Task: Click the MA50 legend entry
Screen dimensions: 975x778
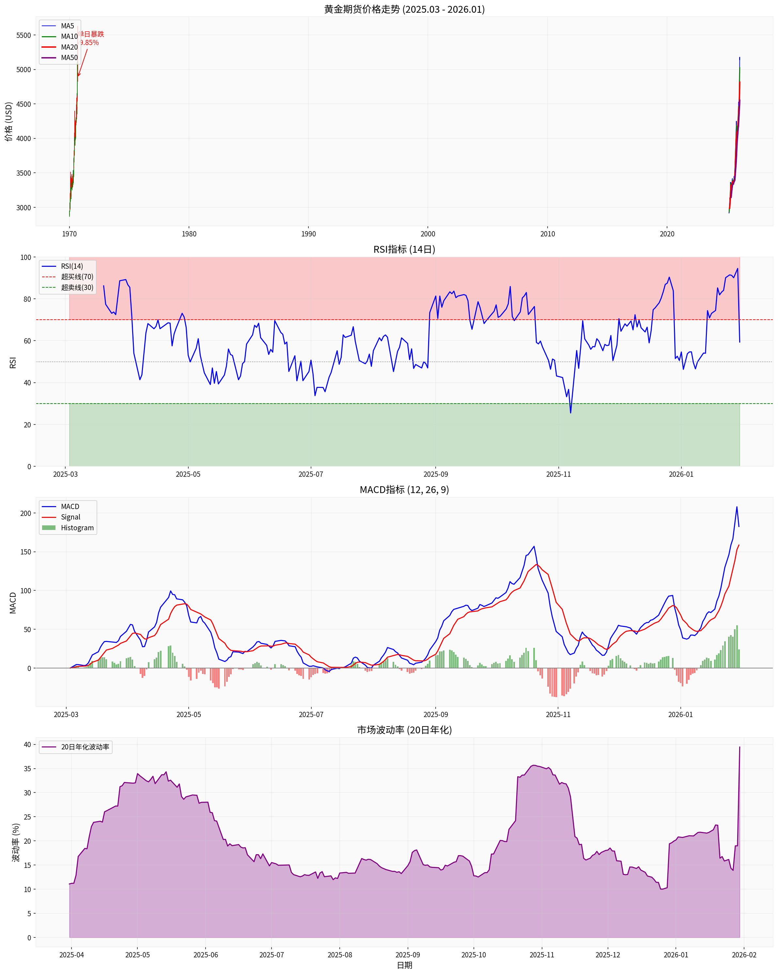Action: [x=69, y=58]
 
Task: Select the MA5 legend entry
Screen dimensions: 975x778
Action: [x=67, y=26]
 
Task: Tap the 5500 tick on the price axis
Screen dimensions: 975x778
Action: [x=23, y=35]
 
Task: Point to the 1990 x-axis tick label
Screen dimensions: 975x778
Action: [x=308, y=234]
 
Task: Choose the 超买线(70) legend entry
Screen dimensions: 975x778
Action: [x=77, y=277]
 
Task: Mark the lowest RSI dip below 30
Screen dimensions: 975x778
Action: [x=570, y=412]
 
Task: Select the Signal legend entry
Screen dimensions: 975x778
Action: [x=70, y=517]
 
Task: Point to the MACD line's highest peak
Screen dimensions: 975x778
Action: [x=737, y=507]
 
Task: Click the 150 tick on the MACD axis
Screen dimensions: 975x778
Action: [x=25, y=552]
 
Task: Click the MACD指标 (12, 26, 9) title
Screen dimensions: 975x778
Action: [x=404, y=490]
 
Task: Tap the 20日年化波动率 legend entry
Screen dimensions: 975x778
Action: [x=85, y=747]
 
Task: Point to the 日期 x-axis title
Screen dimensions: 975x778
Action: [x=404, y=966]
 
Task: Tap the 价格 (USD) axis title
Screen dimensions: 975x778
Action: [x=8, y=122]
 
